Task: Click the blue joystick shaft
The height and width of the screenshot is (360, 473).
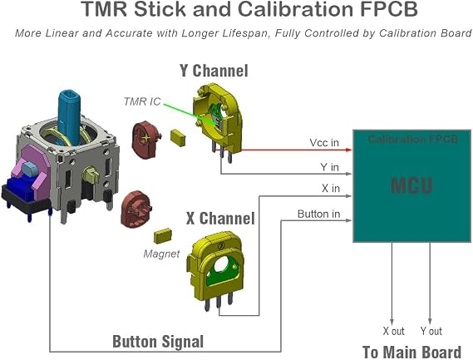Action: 69,116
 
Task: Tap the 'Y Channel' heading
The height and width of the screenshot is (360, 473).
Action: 214,71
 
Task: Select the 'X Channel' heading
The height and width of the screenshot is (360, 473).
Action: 220,218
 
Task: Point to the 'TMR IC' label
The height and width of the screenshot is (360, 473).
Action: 142,101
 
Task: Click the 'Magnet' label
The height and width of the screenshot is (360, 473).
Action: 162,254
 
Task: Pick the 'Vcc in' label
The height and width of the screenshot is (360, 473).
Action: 324,142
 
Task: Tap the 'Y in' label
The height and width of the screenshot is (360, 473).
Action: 329,167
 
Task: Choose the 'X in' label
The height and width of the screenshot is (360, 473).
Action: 331,188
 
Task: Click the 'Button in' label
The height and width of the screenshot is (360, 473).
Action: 318,214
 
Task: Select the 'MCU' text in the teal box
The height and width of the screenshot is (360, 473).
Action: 411,185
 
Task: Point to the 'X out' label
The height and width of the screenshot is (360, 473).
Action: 393,331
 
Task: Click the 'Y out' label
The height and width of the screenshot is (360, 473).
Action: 431,331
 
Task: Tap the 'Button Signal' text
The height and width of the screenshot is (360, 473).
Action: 158,342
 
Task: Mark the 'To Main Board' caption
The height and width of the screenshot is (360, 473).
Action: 411,352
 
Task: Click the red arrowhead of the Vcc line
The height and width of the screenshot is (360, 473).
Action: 349,150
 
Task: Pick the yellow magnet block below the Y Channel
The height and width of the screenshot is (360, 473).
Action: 178,138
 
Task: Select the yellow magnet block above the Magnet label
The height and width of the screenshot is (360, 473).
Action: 163,236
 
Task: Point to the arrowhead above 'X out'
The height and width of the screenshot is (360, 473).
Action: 392,322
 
